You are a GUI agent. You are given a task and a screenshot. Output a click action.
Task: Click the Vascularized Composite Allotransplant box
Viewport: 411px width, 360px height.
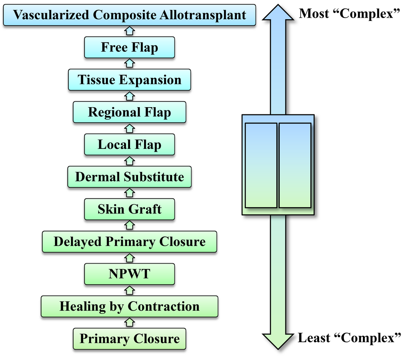click(x=130, y=15)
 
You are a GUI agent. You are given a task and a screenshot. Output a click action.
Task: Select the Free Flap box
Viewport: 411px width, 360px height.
click(x=130, y=47)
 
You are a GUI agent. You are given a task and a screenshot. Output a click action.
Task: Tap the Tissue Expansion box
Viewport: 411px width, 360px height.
click(x=130, y=80)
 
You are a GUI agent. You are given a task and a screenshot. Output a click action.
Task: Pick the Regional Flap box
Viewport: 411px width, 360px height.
click(x=130, y=112)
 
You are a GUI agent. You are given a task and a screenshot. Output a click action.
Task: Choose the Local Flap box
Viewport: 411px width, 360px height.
click(x=130, y=144)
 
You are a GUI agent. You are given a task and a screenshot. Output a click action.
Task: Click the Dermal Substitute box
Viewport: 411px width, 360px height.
click(x=130, y=177)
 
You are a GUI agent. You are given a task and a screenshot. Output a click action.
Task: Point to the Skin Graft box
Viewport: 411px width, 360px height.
click(x=130, y=209)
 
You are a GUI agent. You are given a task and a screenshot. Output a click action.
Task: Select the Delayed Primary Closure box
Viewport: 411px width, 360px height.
click(x=130, y=242)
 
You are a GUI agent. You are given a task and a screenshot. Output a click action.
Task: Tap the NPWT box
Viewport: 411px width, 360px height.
click(x=130, y=274)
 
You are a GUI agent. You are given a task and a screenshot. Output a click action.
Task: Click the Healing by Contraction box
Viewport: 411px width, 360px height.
click(x=130, y=307)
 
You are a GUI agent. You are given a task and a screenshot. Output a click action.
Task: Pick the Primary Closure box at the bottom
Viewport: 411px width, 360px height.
click(x=130, y=339)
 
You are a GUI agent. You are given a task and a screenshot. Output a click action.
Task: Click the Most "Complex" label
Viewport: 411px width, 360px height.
click(x=350, y=14)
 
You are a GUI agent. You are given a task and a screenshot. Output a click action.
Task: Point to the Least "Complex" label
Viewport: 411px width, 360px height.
click(x=350, y=338)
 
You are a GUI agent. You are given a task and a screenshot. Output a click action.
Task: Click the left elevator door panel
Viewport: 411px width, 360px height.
click(x=261, y=165)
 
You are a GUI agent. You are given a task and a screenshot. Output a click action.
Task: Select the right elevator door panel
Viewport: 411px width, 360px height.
click(x=295, y=165)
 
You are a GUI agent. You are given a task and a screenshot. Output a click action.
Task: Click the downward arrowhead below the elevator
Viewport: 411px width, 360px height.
click(x=278, y=341)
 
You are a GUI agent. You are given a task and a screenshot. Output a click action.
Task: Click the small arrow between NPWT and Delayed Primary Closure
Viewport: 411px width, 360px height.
click(x=130, y=258)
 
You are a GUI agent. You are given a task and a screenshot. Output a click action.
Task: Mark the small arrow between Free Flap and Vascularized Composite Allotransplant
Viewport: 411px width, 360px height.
click(x=130, y=31)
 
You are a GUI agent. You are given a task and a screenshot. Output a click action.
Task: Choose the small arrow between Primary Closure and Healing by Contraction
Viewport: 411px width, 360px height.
click(x=130, y=323)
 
